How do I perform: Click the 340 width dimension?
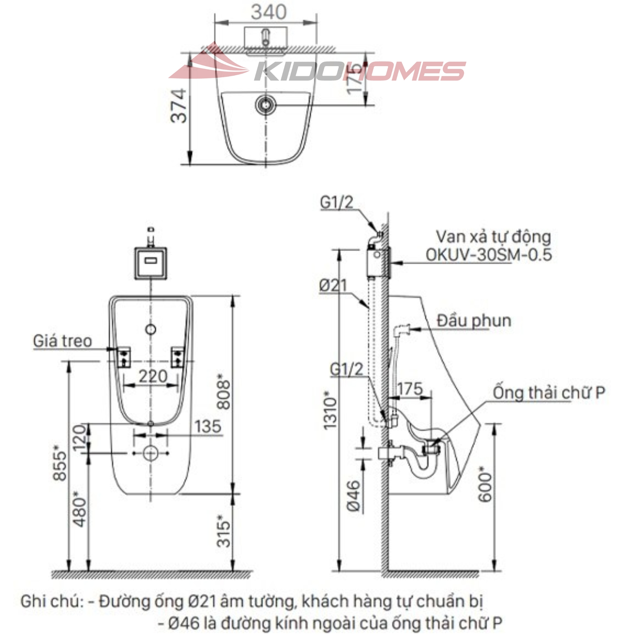tap(269, 12)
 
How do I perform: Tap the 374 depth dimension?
tap(178, 106)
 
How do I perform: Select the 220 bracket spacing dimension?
tap(153, 376)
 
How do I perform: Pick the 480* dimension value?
tap(80, 509)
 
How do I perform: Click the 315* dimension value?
tap(224, 531)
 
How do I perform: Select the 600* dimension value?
tap(485, 484)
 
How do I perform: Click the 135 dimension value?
tap(208, 426)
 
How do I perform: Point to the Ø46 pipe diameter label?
tap(353, 495)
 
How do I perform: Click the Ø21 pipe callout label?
tap(333, 285)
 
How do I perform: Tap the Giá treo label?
tap(63, 341)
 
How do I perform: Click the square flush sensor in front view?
tap(151, 263)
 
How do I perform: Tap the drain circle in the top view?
tap(266, 104)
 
